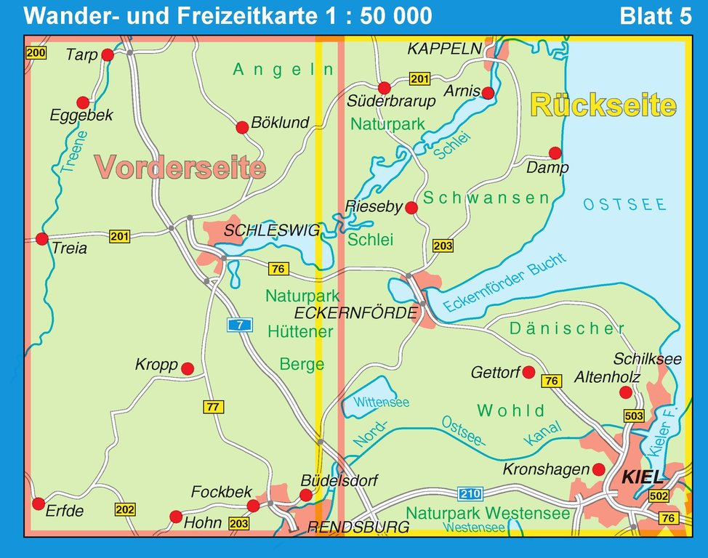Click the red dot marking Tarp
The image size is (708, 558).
(108, 54)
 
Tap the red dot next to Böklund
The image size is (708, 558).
(242, 128)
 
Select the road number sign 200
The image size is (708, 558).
(35, 52)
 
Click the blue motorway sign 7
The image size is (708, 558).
(239, 325)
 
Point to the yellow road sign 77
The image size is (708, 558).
(212, 407)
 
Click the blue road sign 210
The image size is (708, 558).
(470, 495)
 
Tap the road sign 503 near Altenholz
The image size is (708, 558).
(634, 416)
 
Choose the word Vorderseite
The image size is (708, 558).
(180, 168)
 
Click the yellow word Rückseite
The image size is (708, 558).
(603, 105)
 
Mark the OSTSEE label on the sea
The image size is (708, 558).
(624, 204)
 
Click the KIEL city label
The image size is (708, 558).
(643, 477)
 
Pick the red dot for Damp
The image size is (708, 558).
(555, 153)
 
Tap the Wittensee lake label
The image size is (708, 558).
(381, 402)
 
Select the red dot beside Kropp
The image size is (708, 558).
(187, 368)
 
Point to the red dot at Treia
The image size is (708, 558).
(41, 238)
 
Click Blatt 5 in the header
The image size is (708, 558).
(654, 16)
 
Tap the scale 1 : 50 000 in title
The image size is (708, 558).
(374, 16)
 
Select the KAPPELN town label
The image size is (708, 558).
(445, 49)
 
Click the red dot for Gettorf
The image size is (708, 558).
(529, 372)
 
